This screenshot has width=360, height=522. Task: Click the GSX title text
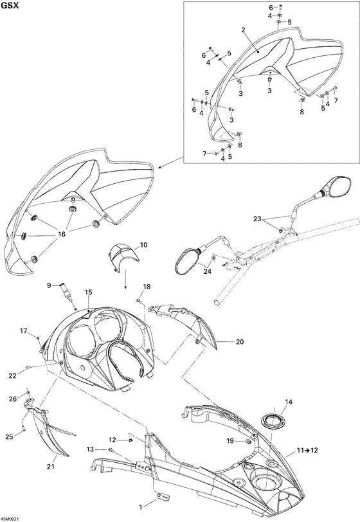(8, 6)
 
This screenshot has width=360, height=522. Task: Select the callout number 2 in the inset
(243, 30)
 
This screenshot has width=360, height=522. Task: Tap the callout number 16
(62, 235)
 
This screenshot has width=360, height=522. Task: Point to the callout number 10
(143, 245)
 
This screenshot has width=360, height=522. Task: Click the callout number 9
(49, 285)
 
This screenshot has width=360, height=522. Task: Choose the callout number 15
(88, 292)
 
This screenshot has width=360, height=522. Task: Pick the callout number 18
(147, 287)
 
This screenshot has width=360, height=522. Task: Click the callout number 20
(240, 341)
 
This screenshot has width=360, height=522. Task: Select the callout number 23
(257, 219)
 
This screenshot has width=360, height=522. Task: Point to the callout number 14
(289, 402)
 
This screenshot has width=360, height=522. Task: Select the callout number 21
(50, 467)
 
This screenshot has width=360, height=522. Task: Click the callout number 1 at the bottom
(141, 507)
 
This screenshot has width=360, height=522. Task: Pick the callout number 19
(230, 441)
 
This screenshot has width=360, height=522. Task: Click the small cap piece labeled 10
(124, 257)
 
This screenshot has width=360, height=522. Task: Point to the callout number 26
(13, 399)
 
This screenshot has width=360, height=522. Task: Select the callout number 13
(90, 449)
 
